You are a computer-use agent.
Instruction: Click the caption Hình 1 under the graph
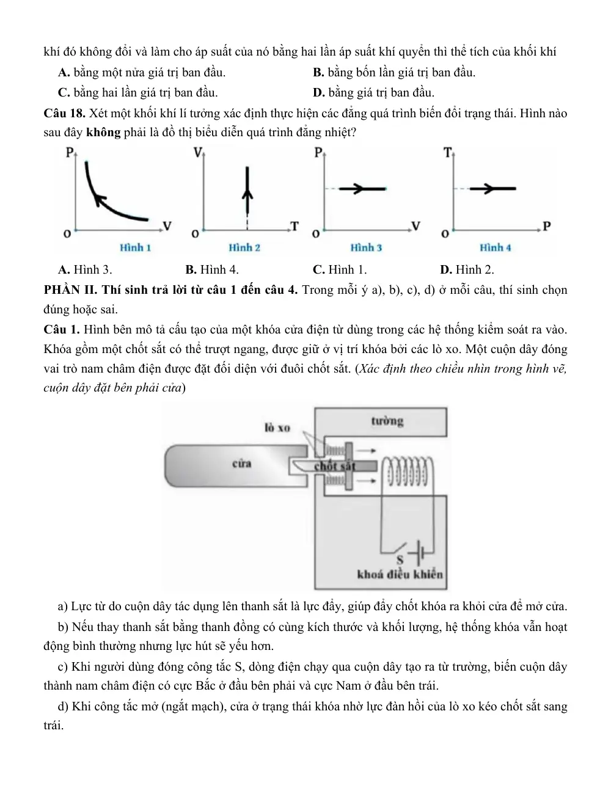click(x=136, y=248)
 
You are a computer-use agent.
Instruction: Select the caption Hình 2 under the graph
click(x=244, y=248)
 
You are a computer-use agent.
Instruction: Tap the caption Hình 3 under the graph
click(x=366, y=248)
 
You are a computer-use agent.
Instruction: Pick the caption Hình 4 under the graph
click(x=495, y=248)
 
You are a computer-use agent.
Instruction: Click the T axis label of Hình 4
click(x=447, y=153)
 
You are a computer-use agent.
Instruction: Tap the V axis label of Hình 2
click(x=198, y=153)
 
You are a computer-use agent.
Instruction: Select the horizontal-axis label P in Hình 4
click(x=547, y=227)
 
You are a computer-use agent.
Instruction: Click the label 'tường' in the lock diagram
click(x=387, y=421)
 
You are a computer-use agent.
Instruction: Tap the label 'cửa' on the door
click(x=242, y=464)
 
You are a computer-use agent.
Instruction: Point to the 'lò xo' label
click(x=277, y=428)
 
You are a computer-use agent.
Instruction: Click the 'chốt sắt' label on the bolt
click(x=335, y=466)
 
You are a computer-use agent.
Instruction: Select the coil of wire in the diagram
click(x=408, y=471)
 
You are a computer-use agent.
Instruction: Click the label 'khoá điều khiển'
click(x=400, y=575)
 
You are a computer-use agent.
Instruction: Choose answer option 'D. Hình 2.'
click(x=467, y=270)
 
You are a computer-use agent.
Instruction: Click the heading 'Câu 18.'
click(x=64, y=114)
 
